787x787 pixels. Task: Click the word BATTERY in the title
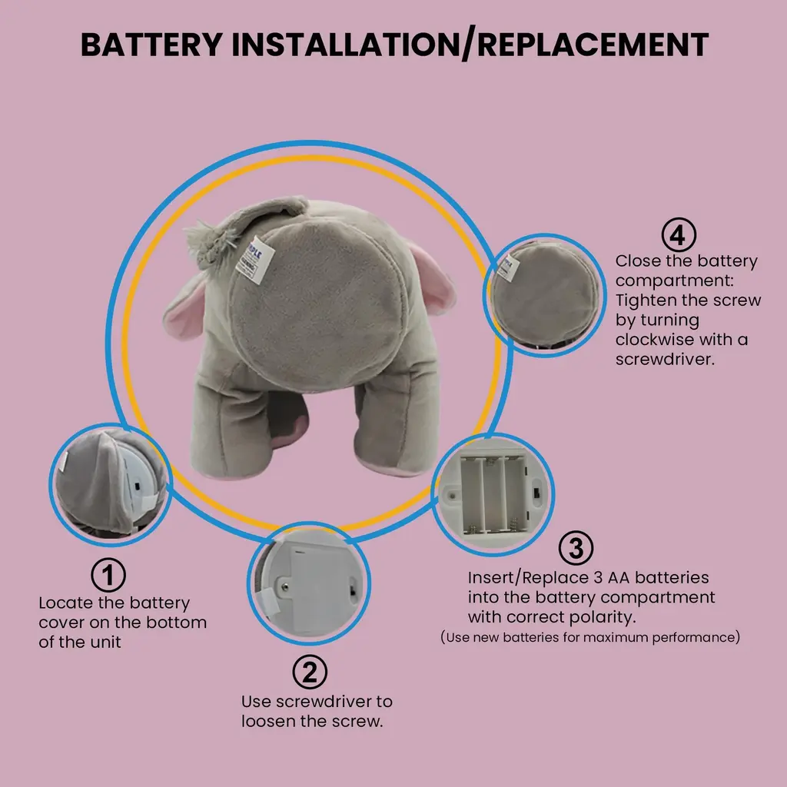click(151, 44)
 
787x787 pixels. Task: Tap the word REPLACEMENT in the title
click(593, 44)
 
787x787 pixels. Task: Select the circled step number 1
click(108, 575)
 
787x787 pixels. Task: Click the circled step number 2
click(310, 672)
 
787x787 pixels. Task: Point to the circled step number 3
click(576, 548)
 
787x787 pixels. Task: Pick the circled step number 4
click(679, 235)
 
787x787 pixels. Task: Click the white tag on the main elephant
click(255, 259)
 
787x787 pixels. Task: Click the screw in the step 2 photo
click(284, 585)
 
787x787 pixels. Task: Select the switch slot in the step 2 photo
click(353, 587)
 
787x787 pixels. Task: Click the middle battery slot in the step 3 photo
click(494, 495)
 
